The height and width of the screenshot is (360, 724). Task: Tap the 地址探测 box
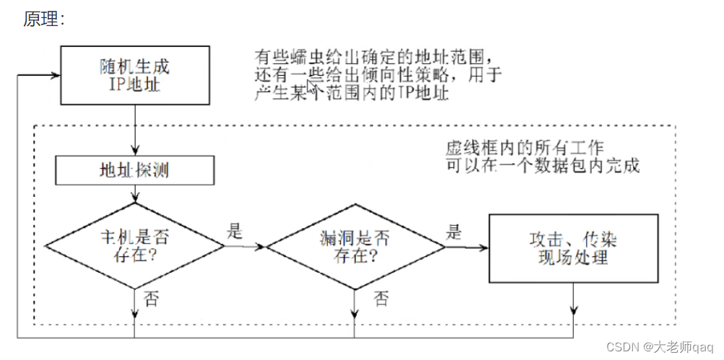tap(134, 171)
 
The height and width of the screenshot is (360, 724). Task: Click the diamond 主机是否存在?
tap(135, 245)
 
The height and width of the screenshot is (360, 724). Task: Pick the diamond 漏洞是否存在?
tap(355, 245)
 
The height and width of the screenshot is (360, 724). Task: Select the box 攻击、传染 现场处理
tap(573, 247)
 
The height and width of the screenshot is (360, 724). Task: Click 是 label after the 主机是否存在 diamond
tap(235, 232)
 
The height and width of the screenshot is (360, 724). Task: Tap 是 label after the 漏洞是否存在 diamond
tap(453, 232)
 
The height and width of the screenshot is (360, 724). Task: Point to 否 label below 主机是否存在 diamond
tap(152, 297)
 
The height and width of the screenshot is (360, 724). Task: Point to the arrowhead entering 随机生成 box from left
tap(56, 74)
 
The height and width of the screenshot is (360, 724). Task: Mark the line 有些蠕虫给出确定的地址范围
tap(375, 56)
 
